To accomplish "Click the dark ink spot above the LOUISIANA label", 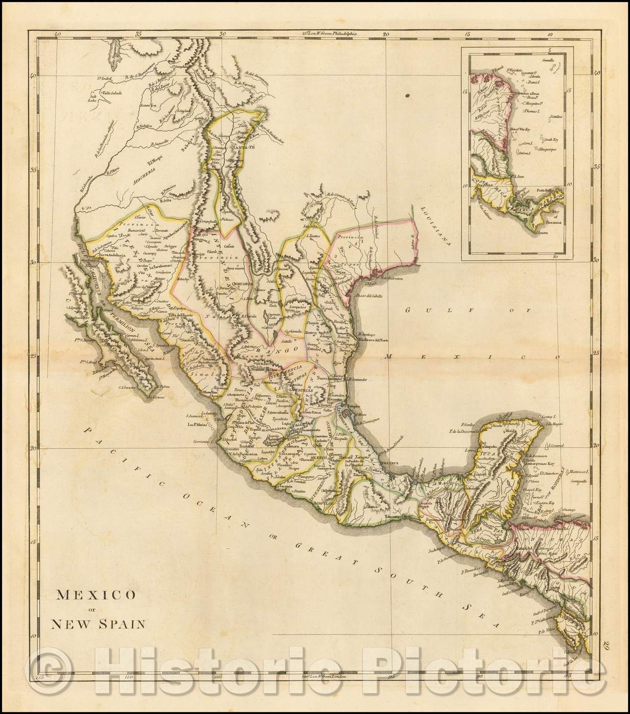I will tap(409, 95).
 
